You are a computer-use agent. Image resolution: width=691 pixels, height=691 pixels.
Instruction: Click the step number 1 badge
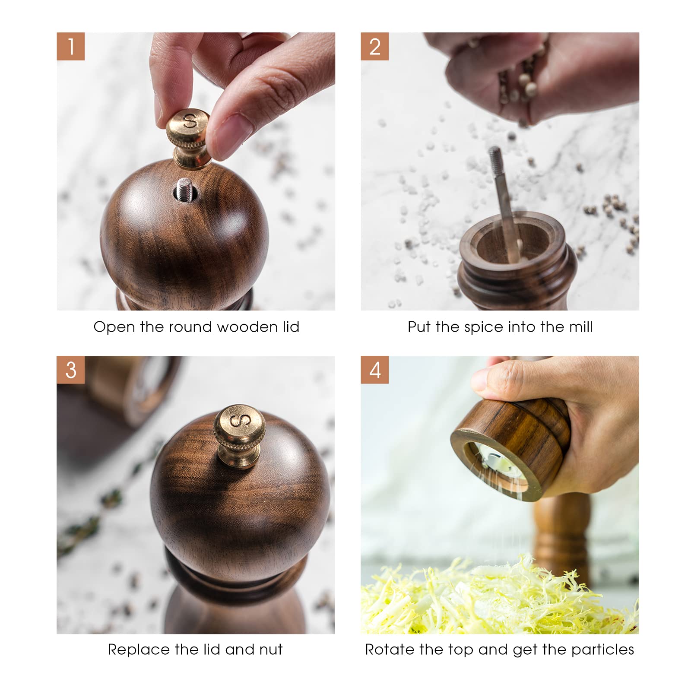click(70, 46)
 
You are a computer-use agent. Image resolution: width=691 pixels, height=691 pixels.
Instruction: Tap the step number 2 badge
click(374, 46)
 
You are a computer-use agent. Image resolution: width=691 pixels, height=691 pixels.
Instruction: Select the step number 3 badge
click(70, 370)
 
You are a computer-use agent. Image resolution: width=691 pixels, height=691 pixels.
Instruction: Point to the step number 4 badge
click(374, 370)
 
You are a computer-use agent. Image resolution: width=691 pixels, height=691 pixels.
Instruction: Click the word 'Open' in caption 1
click(114, 327)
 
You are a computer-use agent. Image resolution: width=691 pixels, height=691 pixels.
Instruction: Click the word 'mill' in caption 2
click(581, 326)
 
